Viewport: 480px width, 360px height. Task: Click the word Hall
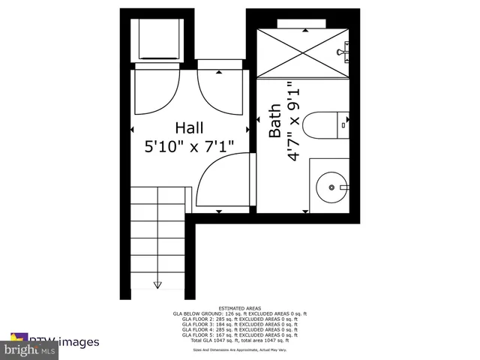point(189,127)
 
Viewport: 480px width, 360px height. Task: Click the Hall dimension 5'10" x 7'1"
point(189,146)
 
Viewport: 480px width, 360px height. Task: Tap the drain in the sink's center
point(330,187)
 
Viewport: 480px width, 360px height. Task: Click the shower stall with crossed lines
point(303,50)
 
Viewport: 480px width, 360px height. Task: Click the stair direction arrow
point(158,283)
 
